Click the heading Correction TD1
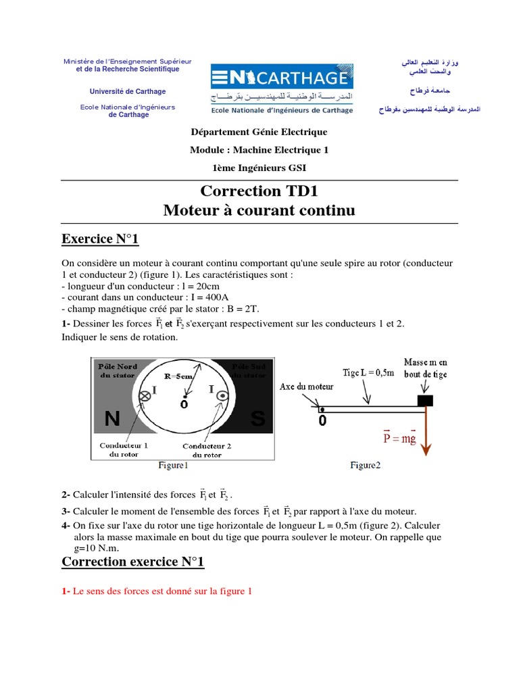(259, 191)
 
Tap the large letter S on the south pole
(257, 419)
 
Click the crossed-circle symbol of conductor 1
(144, 397)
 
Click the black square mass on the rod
(424, 401)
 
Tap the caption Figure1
(173, 465)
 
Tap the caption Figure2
(365, 465)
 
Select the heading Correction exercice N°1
(132, 562)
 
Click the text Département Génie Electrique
(259, 132)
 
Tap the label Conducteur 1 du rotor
(124, 450)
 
